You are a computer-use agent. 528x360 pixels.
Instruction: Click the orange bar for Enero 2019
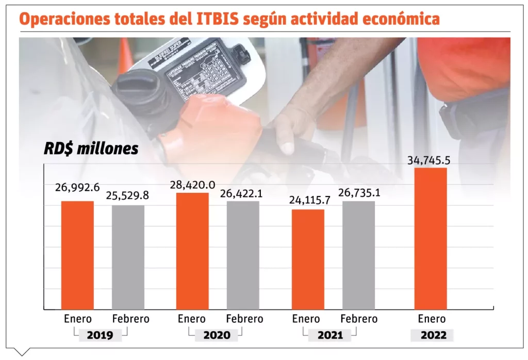[x=77, y=255]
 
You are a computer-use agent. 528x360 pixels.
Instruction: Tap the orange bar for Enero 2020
[x=192, y=251]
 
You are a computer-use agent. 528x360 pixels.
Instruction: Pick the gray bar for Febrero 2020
[x=243, y=255]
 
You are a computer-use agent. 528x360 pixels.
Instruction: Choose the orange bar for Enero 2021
[x=308, y=259]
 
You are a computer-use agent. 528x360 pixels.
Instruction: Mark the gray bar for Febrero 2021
[x=358, y=255]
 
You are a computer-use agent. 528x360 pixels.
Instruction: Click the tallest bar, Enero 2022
[x=431, y=238]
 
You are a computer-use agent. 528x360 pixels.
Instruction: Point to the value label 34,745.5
[x=429, y=160]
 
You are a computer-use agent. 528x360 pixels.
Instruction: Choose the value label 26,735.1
[x=359, y=192]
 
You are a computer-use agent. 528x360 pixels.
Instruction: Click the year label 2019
[x=100, y=335]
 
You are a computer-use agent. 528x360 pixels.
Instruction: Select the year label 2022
[x=432, y=335]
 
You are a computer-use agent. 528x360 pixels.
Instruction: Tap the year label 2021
[x=330, y=335]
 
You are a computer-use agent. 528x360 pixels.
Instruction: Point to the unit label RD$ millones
[x=91, y=149]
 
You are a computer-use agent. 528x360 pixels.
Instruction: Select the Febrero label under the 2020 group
[x=244, y=319]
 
